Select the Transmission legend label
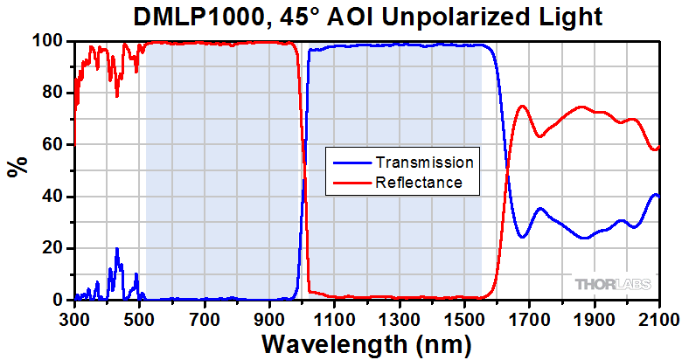[424, 163]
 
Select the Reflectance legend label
[418, 183]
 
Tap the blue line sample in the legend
[351, 163]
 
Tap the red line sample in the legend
[351, 183]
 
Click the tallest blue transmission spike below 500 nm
[116, 249]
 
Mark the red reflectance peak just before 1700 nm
[522, 106]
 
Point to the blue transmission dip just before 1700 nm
[522, 237]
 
